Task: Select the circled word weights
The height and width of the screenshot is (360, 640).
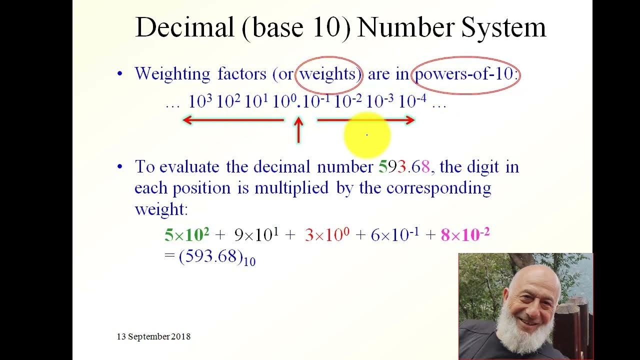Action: click(328, 74)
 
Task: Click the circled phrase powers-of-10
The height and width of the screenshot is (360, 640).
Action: click(464, 74)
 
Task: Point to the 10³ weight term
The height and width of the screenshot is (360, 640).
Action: click(200, 101)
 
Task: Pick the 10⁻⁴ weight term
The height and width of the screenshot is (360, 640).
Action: click(412, 101)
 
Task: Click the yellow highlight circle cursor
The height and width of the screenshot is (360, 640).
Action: click(367, 134)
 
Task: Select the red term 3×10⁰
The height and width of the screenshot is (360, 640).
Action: click(327, 234)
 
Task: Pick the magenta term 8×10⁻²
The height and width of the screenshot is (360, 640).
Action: click(465, 234)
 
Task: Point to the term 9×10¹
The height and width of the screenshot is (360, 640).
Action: click(256, 234)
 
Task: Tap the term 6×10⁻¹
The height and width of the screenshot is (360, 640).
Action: click(395, 234)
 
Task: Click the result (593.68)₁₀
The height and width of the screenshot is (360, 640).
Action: click(217, 257)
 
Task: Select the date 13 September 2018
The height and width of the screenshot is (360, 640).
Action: click(153, 336)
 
